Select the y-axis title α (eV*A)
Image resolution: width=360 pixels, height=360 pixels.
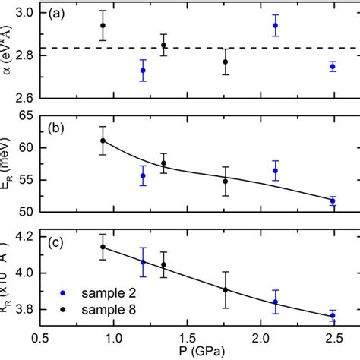tap(9, 53)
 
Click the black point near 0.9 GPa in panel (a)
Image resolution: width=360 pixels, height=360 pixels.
tap(103, 26)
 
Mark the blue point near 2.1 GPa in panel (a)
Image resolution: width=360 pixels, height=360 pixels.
tap(275, 26)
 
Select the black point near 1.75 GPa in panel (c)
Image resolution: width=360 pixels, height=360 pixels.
tap(225, 289)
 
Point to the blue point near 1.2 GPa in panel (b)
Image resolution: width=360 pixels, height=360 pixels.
tap(143, 175)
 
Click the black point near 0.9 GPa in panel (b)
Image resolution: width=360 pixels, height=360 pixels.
tap(103, 141)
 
